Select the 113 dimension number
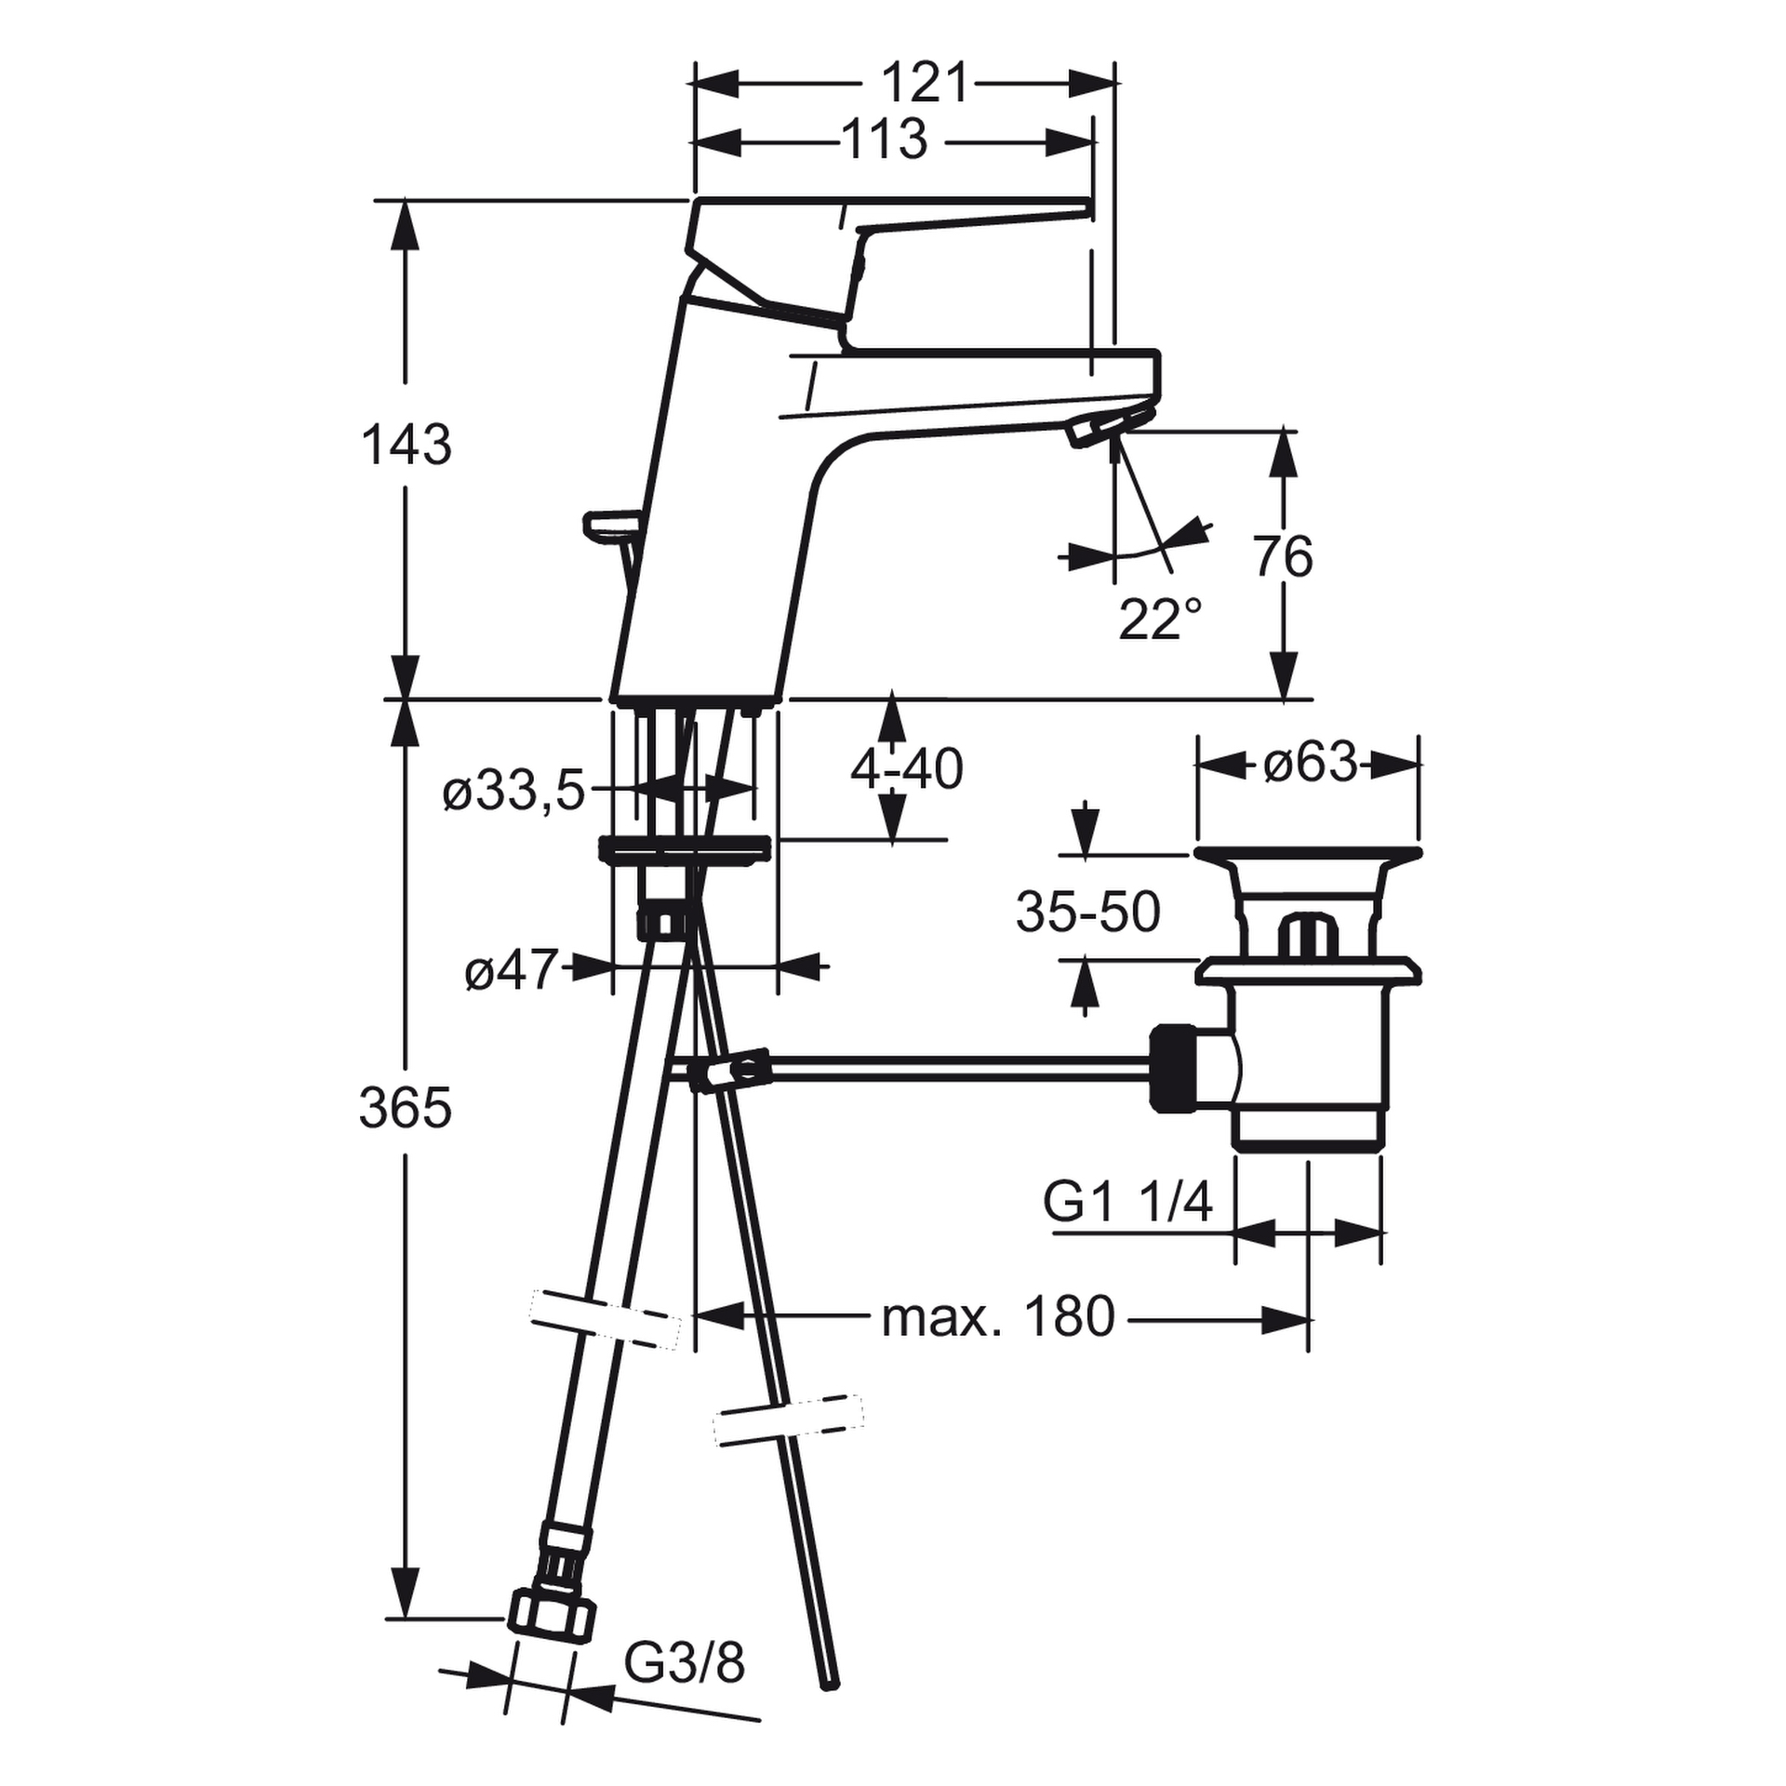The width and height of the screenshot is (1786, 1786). tap(884, 140)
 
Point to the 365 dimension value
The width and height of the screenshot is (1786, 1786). tap(406, 1108)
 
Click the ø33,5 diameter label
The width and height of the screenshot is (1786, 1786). tap(514, 793)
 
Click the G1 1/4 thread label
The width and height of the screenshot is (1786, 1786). tap(1127, 1203)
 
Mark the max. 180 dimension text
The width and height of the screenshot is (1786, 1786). tap(997, 1317)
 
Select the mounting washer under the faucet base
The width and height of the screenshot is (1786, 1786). tap(686, 850)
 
